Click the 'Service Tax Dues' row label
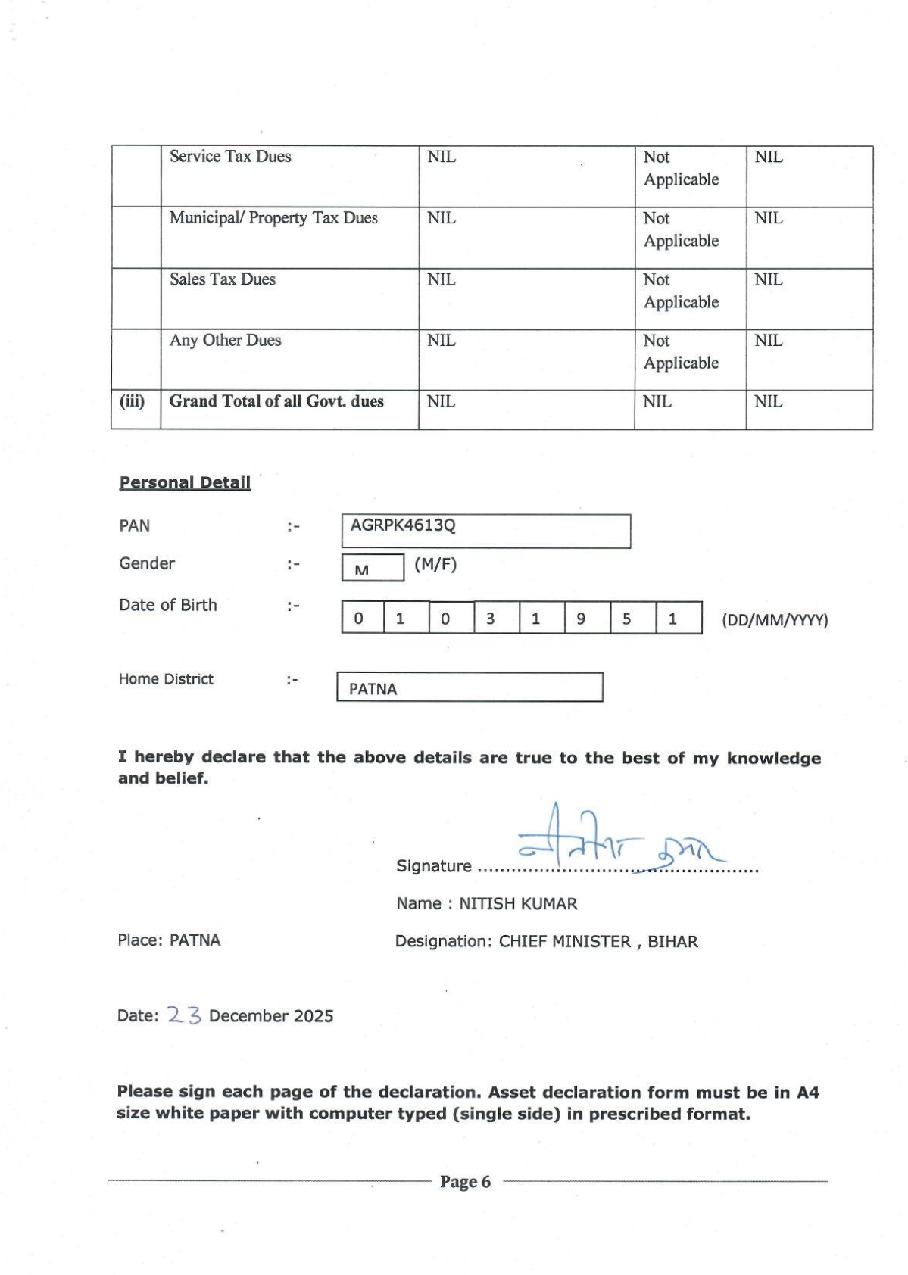pyautogui.click(x=230, y=157)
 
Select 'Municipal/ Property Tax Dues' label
pyautogui.click(x=273, y=218)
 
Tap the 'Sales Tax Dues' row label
pyautogui.click(x=223, y=279)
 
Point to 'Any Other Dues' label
pyautogui.click(x=225, y=341)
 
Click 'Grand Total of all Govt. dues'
pyautogui.click(x=276, y=401)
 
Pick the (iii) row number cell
pyautogui.click(x=133, y=401)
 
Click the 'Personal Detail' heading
pyautogui.click(x=185, y=482)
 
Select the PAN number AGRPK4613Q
pyautogui.click(x=403, y=525)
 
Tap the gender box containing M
pyautogui.click(x=372, y=569)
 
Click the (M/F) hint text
pyautogui.click(x=435, y=564)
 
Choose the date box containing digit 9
pyautogui.click(x=581, y=619)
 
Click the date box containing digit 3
pyautogui.click(x=490, y=619)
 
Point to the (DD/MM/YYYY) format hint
pyautogui.click(x=775, y=621)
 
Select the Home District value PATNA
pyautogui.click(x=373, y=689)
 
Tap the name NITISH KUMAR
pyautogui.click(x=518, y=904)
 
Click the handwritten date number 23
pyautogui.click(x=184, y=1015)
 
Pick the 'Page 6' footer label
pyautogui.click(x=465, y=1182)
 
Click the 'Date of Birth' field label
pyautogui.click(x=168, y=605)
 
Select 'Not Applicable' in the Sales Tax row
pyautogui.click(x=681, y=291)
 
